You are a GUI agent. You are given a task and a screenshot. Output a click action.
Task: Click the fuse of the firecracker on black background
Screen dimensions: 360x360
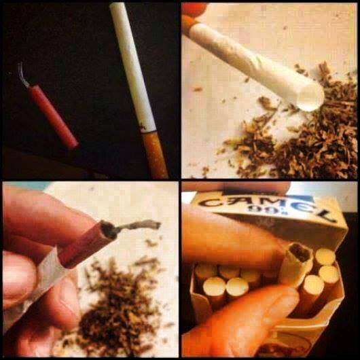pos(22,75)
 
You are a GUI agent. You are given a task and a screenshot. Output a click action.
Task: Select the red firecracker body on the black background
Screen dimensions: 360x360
pos(53,117)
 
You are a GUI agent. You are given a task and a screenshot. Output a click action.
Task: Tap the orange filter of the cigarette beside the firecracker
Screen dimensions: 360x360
pos(154,155)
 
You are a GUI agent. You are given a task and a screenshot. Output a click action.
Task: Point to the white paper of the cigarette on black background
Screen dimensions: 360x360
pos(132,67)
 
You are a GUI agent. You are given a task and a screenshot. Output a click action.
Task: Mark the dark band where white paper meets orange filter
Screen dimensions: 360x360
pos(149,132)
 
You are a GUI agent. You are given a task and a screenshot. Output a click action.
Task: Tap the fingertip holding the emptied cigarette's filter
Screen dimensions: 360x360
pos(195,9)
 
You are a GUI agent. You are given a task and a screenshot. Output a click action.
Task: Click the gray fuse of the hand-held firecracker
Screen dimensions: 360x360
pos(139,225)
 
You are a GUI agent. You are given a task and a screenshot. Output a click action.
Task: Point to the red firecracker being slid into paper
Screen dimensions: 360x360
pos(87,243)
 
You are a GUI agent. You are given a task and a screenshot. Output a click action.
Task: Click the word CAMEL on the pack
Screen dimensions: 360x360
pos(266,206)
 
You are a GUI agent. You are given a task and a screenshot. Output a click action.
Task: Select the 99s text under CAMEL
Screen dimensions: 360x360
pos(258,210)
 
